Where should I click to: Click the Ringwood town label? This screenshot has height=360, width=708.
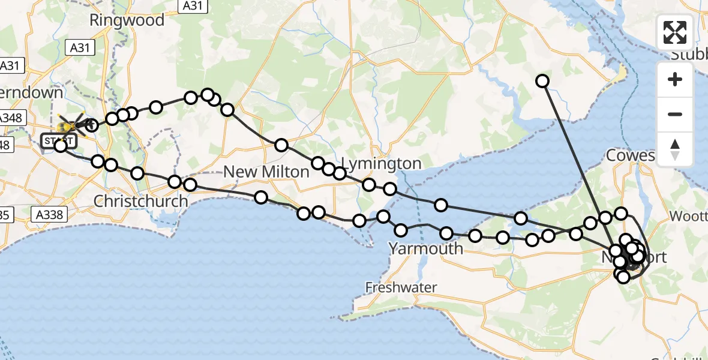point(127,20)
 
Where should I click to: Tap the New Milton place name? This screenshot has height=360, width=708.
point(266,172)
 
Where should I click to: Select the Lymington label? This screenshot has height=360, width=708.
point(381,163)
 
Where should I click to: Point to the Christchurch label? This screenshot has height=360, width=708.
point(141,201)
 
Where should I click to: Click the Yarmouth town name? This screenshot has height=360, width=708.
point(425,248)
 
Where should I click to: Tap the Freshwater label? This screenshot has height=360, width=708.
point(402,288)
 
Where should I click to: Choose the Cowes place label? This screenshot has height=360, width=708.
point(630,156)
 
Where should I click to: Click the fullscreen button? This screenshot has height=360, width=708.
point(675,32)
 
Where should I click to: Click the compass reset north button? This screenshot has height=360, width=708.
point(675,149)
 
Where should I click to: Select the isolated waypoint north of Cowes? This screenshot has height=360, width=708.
point(542,81)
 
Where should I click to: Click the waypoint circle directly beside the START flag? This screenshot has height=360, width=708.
point(61,145)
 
